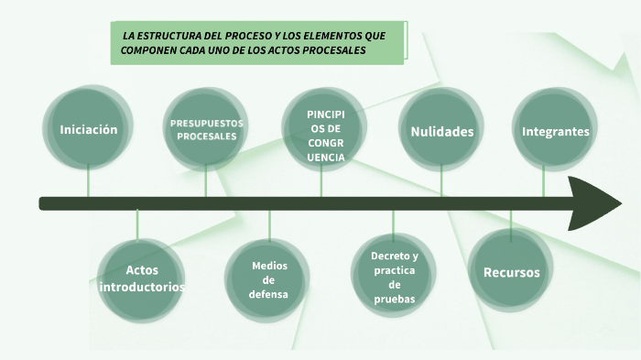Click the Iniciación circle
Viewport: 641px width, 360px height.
tap(89, 129)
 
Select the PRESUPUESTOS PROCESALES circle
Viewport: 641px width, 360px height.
tap(206, 129)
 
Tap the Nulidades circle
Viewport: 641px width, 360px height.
tap(441, 131)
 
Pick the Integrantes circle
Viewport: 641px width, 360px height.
tap(555, 131)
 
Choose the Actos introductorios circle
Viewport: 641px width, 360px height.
tap(142, 278)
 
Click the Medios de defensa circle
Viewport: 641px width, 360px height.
tap(269, 279)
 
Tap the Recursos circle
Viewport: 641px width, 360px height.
tap(511, 272)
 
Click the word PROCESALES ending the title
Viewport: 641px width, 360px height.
tap(338, 50)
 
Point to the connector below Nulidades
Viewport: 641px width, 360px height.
tap(441, 182)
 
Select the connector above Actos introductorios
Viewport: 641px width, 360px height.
tap(137, 224)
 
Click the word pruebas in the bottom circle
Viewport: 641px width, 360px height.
tap(394, 299)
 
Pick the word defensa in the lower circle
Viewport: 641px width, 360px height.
tap(269, 294)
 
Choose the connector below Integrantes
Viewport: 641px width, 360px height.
tap(543, 182)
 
